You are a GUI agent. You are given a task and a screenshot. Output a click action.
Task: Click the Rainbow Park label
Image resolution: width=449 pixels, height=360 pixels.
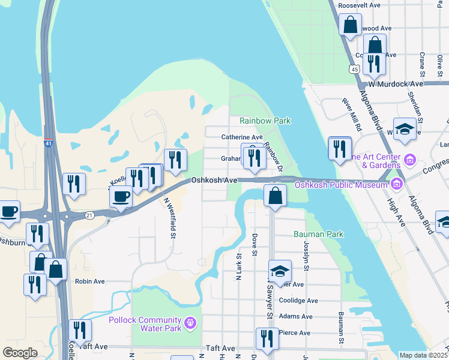pyautogui.click(x=265, y=121)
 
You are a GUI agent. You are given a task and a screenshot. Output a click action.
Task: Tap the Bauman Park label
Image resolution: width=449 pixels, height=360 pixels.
pyautogui.click(x=318, y=233)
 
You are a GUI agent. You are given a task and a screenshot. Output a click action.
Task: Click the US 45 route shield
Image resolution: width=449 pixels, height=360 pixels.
pyautogui.click(x=355, y=70)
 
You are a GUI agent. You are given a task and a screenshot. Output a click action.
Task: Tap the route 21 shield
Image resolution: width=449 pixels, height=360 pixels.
pyautogui.click(x=89, y=214)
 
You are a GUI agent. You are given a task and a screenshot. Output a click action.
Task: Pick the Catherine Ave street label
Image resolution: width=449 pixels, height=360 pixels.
pyautogui.click(x=242, y=137)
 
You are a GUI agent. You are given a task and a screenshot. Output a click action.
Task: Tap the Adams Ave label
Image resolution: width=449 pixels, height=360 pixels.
pyautogui.click(x=296, y=316)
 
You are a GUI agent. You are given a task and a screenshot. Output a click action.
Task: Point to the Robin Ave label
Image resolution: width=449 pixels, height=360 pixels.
pyautogui.click(x=89, y=281)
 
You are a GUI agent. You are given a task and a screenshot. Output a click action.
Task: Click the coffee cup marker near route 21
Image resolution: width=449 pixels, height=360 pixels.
pyautogui.click(x=121, y=196)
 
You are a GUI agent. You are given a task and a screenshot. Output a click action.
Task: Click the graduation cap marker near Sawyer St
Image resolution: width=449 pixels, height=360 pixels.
pyautogui.click(x=279, y=271)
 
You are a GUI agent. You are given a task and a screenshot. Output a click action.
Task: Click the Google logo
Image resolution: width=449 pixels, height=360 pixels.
pyautogui.click(x=20, y=353)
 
